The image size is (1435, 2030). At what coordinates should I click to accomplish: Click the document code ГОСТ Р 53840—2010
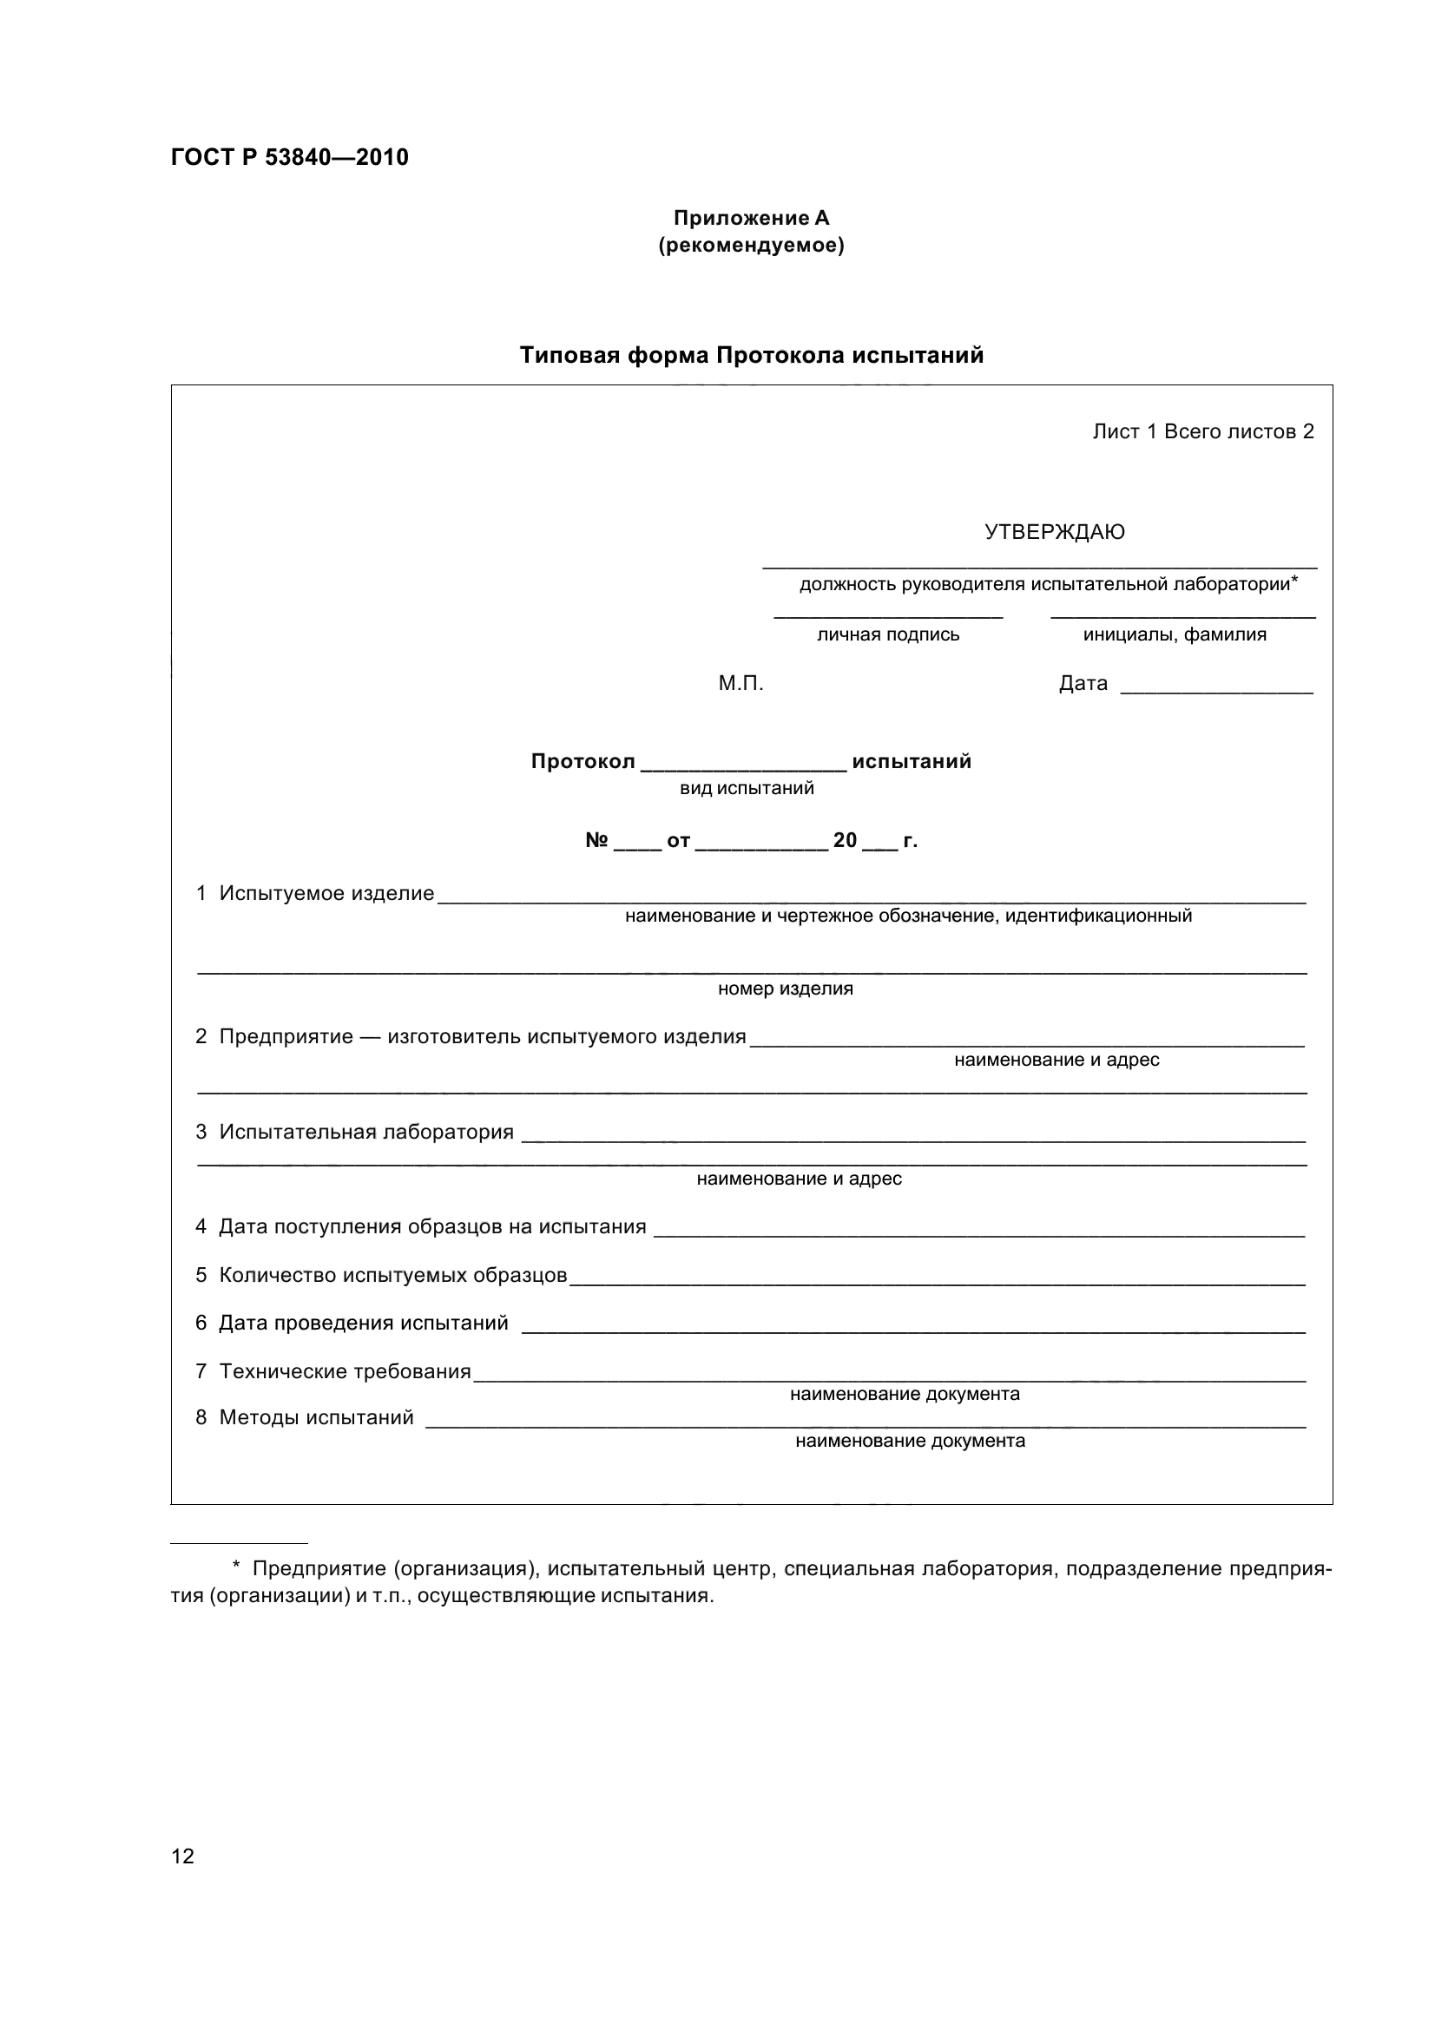point(289,157)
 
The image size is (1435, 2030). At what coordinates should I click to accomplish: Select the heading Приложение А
point(751,218)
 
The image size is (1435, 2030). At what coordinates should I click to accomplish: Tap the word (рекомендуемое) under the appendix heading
point(751,246)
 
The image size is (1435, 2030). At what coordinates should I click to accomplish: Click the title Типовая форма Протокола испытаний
point(751,356)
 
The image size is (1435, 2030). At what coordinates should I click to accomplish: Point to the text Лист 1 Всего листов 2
point(1202,431)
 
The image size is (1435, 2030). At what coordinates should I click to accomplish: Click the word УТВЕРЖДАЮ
point(1054,532)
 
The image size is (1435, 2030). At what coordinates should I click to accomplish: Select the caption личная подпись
point(888,634)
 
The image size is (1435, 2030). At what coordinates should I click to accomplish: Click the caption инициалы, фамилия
point(1175,634)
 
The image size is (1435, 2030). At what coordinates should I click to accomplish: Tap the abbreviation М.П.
point(740,683)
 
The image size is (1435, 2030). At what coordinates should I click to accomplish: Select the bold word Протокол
point(583,761)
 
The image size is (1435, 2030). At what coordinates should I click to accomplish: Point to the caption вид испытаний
point(747,788)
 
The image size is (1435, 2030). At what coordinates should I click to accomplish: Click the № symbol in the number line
point(596,840)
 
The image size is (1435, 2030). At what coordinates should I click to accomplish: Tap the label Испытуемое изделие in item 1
point(326,894)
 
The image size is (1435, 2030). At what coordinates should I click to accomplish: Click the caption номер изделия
point(785,989)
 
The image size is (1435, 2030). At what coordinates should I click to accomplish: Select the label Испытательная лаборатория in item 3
point(366,1132)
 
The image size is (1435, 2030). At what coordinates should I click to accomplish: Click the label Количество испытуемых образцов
point(392,1275)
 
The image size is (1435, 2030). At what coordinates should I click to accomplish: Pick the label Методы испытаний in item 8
point(316,1417)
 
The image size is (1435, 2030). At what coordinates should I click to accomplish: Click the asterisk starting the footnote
point(236,1568)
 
